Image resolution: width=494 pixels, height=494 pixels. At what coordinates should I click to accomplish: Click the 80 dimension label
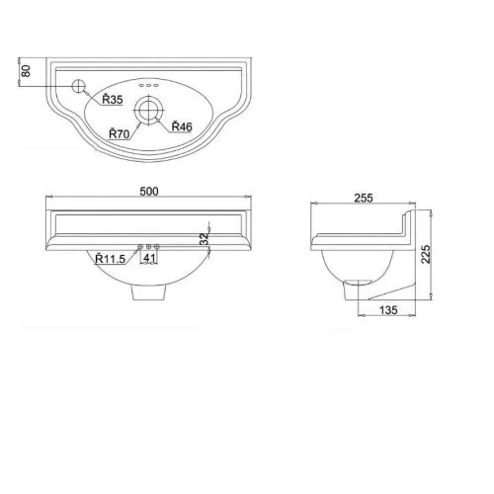pos(27,72)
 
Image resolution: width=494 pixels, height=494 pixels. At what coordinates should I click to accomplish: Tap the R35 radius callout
pos(110,99)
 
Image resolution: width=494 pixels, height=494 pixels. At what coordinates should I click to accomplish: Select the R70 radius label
pos(121,133)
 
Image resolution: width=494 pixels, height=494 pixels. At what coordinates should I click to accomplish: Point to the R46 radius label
pos(181,126)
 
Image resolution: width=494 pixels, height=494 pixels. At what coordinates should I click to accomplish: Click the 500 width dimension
pos(150,191)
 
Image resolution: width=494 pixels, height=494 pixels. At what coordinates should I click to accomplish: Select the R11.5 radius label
pos(111,259)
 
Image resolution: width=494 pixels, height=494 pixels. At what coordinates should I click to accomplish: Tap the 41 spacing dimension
pos(150,259)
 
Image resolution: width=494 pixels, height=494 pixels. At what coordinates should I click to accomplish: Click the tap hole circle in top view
pos(80,86)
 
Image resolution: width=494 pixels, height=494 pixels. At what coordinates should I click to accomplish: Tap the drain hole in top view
pos(150,110)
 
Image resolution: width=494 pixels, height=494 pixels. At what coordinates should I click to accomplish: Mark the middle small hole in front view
pos(149,246)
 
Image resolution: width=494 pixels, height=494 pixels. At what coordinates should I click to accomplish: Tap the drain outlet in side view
pos(349,291)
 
